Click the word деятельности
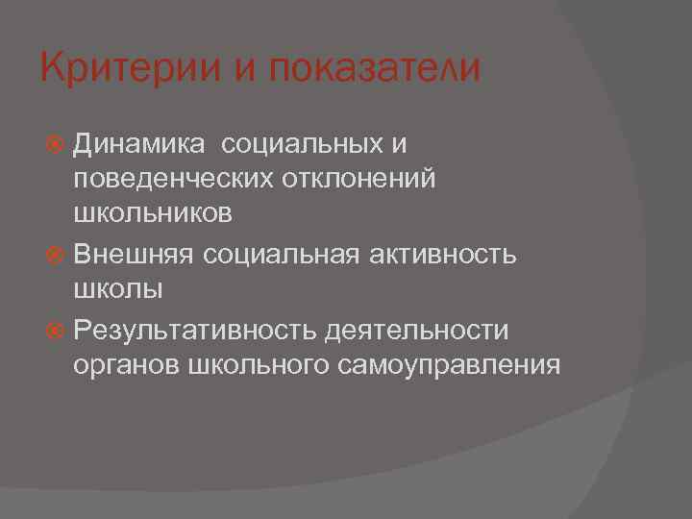click(417, 330)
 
